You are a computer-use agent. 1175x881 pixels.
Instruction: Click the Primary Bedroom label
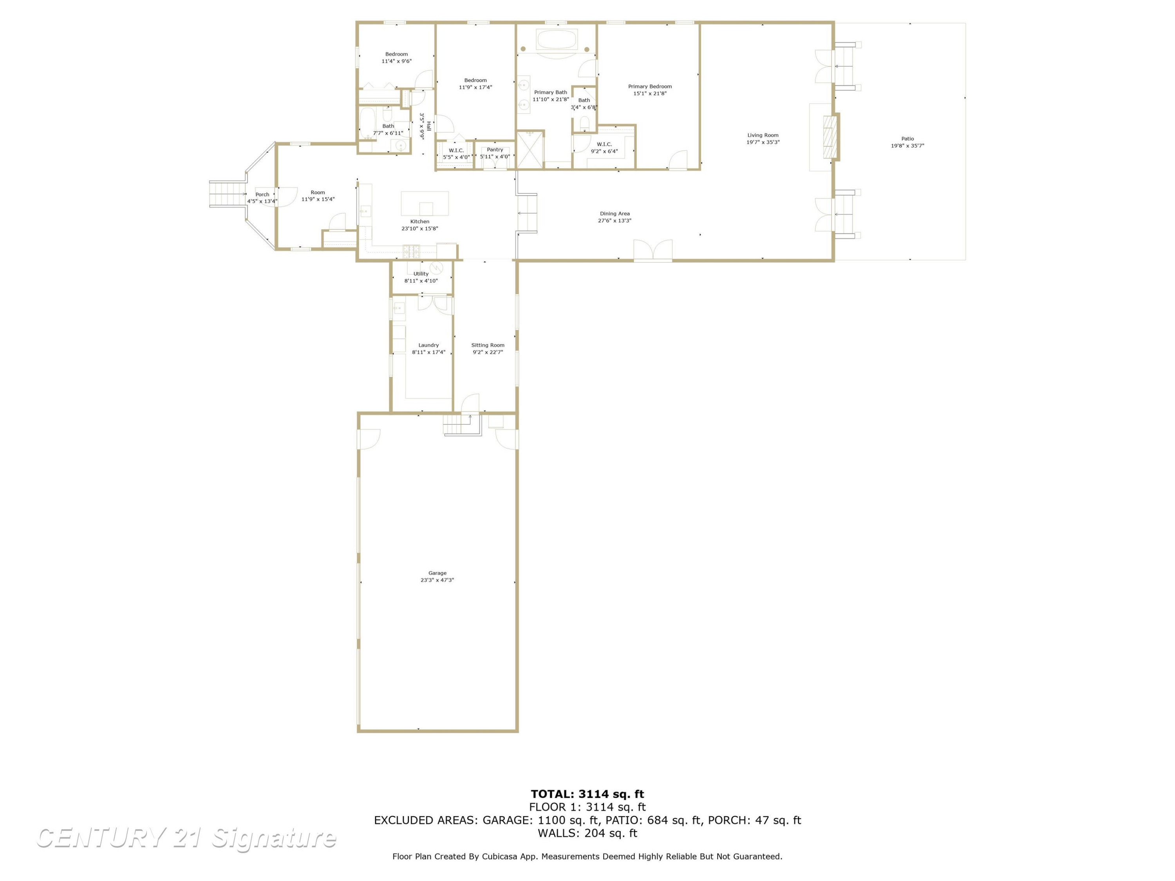pos(650,87)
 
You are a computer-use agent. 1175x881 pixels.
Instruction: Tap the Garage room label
pos(437,573)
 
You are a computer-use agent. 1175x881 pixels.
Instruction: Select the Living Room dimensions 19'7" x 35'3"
pos(763,142)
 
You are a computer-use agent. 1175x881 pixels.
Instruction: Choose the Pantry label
pos(495,150)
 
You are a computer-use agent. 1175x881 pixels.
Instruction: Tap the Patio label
pos(907,139)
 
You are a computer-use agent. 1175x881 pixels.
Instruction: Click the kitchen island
pos(425,203)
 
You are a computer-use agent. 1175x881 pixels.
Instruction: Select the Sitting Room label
pos(488,345)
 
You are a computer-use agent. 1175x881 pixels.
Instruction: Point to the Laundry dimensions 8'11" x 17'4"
pos(428,352)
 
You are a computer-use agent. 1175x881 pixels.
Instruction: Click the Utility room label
pos(421,274)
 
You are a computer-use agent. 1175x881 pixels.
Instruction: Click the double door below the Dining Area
pos(653,251)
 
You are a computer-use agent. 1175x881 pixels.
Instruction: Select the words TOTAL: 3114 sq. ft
pos(587,794)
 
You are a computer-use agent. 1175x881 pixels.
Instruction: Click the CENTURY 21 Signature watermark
pos(186,838)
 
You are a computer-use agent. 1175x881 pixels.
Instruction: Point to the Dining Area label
pos(615,213)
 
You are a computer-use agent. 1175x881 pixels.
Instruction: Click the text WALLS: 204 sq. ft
pos(587,833)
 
